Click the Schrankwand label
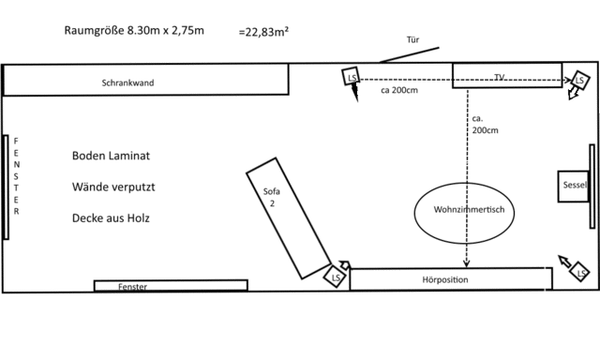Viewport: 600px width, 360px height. (x=127, y=82)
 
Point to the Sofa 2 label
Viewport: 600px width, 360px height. (x=272, y=197)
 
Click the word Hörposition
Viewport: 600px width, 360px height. (x=445, y=279)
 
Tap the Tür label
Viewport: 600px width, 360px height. (x=412, y=39)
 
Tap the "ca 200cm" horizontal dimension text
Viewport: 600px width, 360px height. (x=399, y=90)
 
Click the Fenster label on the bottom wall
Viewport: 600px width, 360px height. (x=132, y=287)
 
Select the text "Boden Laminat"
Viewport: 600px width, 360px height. (x=111, y=156)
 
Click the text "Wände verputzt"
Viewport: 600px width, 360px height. (x=113, y=187)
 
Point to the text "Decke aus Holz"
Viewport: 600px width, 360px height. (x=111, y=218)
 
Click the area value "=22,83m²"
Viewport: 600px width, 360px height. (x=263, y=32)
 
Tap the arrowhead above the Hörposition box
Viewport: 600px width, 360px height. (x=467, y=263)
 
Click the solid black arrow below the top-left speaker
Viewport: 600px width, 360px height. (x=354, y=92)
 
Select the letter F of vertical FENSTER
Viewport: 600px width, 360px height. (x=16, y=141)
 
